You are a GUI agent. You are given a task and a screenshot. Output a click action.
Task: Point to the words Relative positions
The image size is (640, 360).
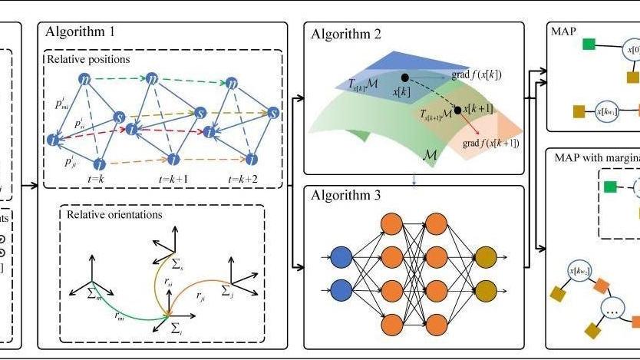pos(88,58)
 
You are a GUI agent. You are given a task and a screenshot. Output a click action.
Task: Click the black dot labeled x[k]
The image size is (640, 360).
pos(404,78)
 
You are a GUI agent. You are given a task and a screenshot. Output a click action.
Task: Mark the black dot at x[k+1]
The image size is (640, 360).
pos(458,110)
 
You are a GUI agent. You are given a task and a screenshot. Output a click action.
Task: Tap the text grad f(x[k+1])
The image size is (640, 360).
pos(491,144)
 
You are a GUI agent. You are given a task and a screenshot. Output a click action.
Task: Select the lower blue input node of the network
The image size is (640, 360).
pos(342,291)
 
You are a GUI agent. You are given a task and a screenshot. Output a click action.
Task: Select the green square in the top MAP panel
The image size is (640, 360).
pos(589,44)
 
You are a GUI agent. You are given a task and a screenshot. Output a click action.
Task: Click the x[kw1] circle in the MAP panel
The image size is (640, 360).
pos(609,111)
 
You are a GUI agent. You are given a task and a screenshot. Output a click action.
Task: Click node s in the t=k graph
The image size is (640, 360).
pos(119,117)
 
